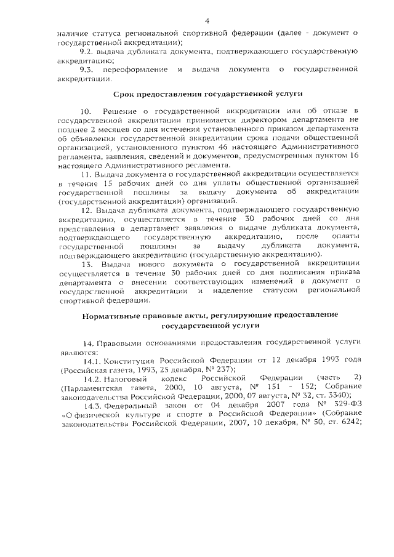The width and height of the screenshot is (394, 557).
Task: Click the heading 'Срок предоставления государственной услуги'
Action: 208,94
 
